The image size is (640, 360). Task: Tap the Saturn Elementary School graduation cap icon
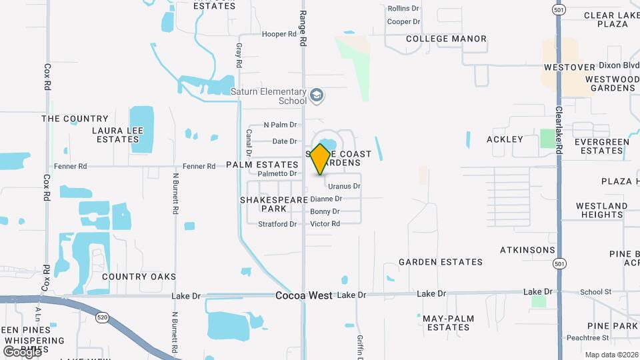pos(317,96)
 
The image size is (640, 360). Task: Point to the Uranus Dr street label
pos(344,187)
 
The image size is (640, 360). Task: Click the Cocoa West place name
pos(304,295)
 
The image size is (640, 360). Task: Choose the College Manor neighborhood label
pos(446,39)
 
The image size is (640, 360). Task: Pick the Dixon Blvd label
pos(619,65)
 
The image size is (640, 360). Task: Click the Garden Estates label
pos(441,262)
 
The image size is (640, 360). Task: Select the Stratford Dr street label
pos(277,224)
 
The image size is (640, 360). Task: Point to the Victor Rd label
pos(325,224)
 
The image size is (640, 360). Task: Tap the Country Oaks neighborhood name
pos(139,277)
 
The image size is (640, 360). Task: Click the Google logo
pos(21,351)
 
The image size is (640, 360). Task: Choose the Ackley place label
pos(505,139)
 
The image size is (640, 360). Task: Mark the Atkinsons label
pos(527,250)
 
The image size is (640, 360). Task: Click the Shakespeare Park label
pos(263,204)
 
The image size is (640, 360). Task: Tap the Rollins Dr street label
pos(403,9)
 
